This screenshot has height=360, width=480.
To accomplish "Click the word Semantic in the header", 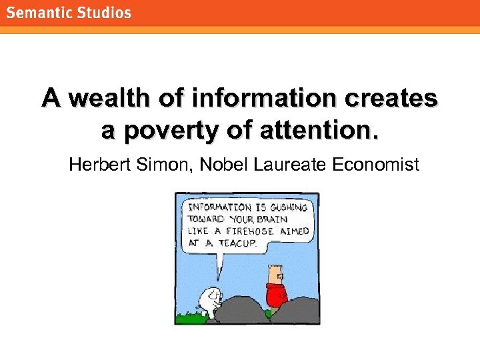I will [39, 13].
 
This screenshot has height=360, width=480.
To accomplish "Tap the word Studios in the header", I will [103, 13].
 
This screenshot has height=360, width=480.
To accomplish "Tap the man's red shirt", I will [276, 293].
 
